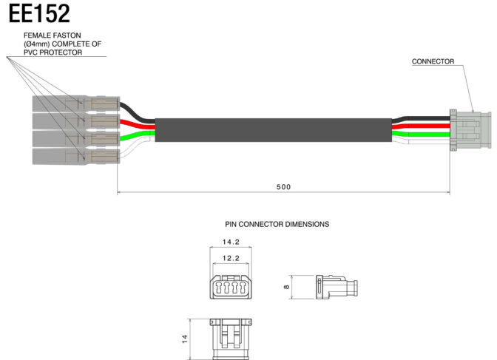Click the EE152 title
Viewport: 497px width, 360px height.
point(39,13)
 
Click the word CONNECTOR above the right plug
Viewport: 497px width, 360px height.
point(433,61)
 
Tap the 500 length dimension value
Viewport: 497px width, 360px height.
point(283,187)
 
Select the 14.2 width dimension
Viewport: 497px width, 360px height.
point(231,242)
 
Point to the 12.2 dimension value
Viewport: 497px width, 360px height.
point(231,258)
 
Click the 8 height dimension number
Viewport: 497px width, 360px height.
point(286,287)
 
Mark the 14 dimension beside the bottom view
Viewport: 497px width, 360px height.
point(185,339)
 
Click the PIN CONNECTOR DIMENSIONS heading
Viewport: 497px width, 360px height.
point(277,224)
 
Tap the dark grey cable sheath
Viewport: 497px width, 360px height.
point(273,130)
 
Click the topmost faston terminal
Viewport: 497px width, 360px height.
point(76,104)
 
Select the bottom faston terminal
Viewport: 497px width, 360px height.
point(76,157)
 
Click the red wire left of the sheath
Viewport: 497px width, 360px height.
point(137,124)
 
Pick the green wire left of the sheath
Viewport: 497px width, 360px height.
point(137,135)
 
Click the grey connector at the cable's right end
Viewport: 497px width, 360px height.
point(470,130)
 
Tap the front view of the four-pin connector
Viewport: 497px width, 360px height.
point(231,287)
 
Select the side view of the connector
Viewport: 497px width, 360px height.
point(337,287)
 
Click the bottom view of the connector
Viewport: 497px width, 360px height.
point(231,339)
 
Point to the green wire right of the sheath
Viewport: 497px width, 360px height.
point(421,135)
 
